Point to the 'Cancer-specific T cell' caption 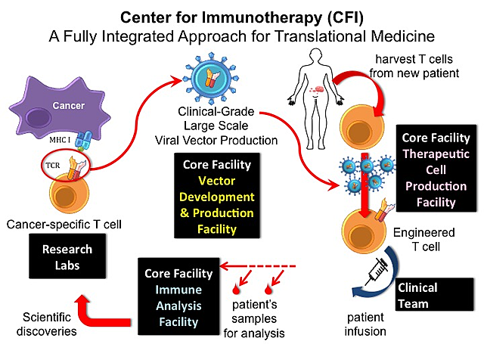click(67, 225)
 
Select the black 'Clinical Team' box click(427, 295)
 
